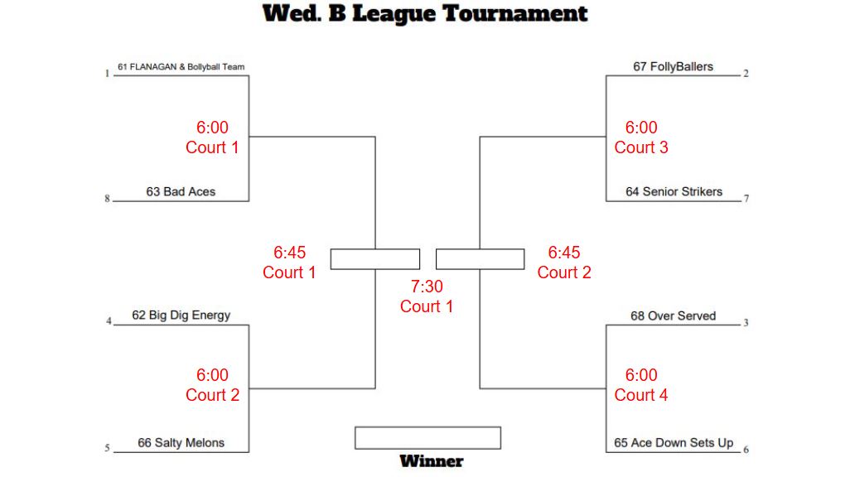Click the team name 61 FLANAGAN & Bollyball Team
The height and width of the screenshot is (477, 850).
[x=181, y=67]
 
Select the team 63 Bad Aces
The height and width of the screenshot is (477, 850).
[x=181, y=191]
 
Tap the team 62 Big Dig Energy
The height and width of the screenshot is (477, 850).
[x=181, y=316]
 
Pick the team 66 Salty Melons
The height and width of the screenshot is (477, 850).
[x=181, y=443]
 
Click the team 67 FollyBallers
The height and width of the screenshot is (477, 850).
[x=674, y=67]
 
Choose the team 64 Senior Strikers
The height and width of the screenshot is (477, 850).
[x=674, y=191]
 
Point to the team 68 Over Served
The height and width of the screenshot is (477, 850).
[x=674, y=316]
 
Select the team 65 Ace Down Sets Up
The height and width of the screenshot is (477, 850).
[x=674, y=443]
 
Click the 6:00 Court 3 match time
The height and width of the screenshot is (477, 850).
[x=641, y=137]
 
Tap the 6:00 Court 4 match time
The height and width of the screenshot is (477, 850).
[x=641, y=385]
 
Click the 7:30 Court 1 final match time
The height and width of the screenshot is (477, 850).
[x=427, y=296]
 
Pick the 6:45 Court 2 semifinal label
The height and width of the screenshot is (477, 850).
[x=564, y=263]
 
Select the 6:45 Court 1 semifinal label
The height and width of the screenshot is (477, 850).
[x=289, y=263]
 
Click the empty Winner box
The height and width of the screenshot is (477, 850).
[x=427, y=438]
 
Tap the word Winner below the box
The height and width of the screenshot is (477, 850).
[x=432, y=461]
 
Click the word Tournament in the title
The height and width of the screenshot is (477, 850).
[x=515, y=13]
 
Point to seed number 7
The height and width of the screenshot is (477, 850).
[x=746, y=199]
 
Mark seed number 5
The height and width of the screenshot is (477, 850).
[x=108, y=448]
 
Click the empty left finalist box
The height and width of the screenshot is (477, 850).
[x=375, y=259]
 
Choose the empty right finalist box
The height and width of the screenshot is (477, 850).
[x=481, y=259]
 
